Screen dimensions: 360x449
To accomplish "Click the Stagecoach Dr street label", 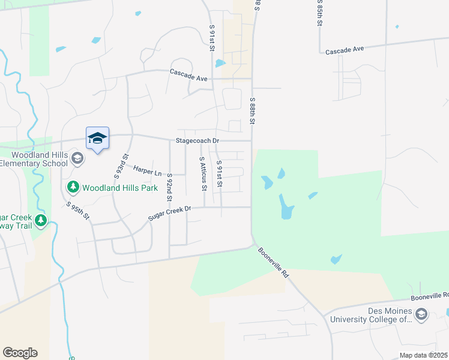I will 197,141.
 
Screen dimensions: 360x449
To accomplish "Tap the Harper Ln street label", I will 147,171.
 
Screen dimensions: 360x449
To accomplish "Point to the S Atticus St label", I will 203,175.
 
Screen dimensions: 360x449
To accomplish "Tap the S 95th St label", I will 78,210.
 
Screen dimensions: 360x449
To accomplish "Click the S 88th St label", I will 253,111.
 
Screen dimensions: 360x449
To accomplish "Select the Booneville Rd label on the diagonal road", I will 273,262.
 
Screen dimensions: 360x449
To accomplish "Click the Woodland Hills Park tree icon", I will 73,187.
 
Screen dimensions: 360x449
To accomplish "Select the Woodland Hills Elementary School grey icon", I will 77,159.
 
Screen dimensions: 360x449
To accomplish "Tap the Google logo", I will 20,352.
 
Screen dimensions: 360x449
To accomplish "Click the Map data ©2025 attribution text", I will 423,355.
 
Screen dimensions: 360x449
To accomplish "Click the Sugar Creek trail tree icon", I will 41,221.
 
